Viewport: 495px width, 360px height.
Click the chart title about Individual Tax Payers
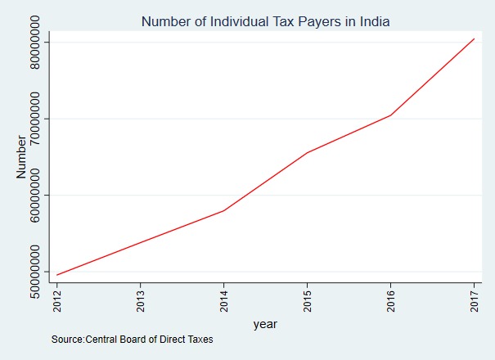(266, 22)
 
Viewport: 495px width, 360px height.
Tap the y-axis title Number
(22, 156)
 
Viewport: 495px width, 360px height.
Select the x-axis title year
(265, 324)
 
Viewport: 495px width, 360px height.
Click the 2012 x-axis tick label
(57, 299)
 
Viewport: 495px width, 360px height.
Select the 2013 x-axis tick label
(141, 299)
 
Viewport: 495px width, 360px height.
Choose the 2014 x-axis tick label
(224, 299)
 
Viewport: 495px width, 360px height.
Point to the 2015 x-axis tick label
(307, 299)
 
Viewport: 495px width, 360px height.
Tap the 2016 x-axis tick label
(390, 299)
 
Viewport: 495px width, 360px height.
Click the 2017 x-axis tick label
(474, 299)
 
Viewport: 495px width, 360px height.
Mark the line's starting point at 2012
(57, 275)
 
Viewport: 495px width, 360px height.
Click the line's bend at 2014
(224, 211)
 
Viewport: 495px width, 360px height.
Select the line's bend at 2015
(307, 153)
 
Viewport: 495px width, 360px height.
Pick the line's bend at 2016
(390, 115)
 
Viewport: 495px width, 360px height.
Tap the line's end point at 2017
(474, 38)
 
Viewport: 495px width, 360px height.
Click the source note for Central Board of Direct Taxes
(132, 339)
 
